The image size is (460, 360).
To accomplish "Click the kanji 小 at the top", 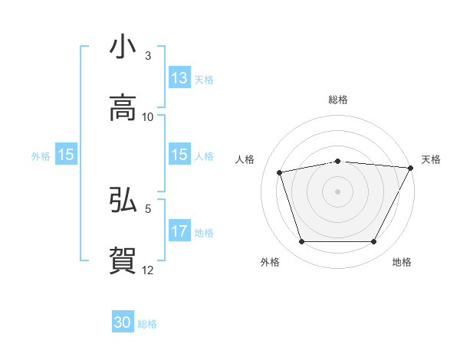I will tap(123, 47).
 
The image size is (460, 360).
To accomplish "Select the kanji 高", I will tap(123, 108).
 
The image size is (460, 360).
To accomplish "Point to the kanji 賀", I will tap(123, 260).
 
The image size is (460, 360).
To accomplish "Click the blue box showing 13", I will tap(179, 78).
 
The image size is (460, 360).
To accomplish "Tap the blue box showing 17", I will tap(179, 231).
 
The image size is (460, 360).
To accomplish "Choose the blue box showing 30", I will tap(123, 322).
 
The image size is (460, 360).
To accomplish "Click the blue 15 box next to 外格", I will tap(66, 155).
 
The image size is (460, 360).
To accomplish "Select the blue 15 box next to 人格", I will tap(179, 155).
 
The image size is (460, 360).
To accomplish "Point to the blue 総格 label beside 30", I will tap(147, 324).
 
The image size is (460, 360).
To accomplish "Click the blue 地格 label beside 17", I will tap(204, 232).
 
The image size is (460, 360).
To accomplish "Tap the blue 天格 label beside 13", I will tap(204, 79).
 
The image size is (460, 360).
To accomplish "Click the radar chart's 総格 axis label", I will tap(337, 100).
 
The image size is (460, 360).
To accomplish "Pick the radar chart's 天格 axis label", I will tap(431, 159).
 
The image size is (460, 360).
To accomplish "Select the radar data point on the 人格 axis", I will tap(280, 172).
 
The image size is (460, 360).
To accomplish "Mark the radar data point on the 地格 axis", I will tap(373, 242).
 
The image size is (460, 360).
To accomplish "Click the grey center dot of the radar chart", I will tap(337, 191).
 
